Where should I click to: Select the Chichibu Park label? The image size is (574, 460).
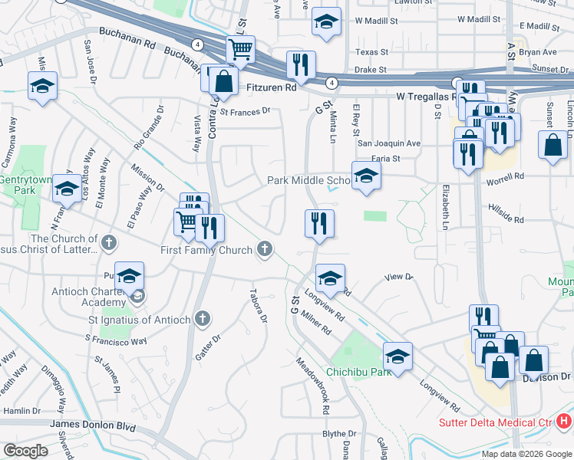[x=359, y=372]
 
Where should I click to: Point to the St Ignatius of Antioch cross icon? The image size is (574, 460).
[x=203, y=318]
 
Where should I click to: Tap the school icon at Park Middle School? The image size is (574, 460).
[x=366, y=176]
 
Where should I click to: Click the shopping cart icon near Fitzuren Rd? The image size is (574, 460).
[x=240, y=50]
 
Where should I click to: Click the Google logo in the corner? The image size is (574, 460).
[x=25, y=451]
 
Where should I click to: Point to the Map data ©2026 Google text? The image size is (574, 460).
[x=526, y=454]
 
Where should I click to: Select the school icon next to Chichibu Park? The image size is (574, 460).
[x=398, y=356]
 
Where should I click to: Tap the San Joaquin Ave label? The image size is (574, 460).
[x=389, y=143]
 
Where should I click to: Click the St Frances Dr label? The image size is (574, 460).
[x=246, y=110]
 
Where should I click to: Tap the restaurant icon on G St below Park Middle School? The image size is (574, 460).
[x=319, y=223]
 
